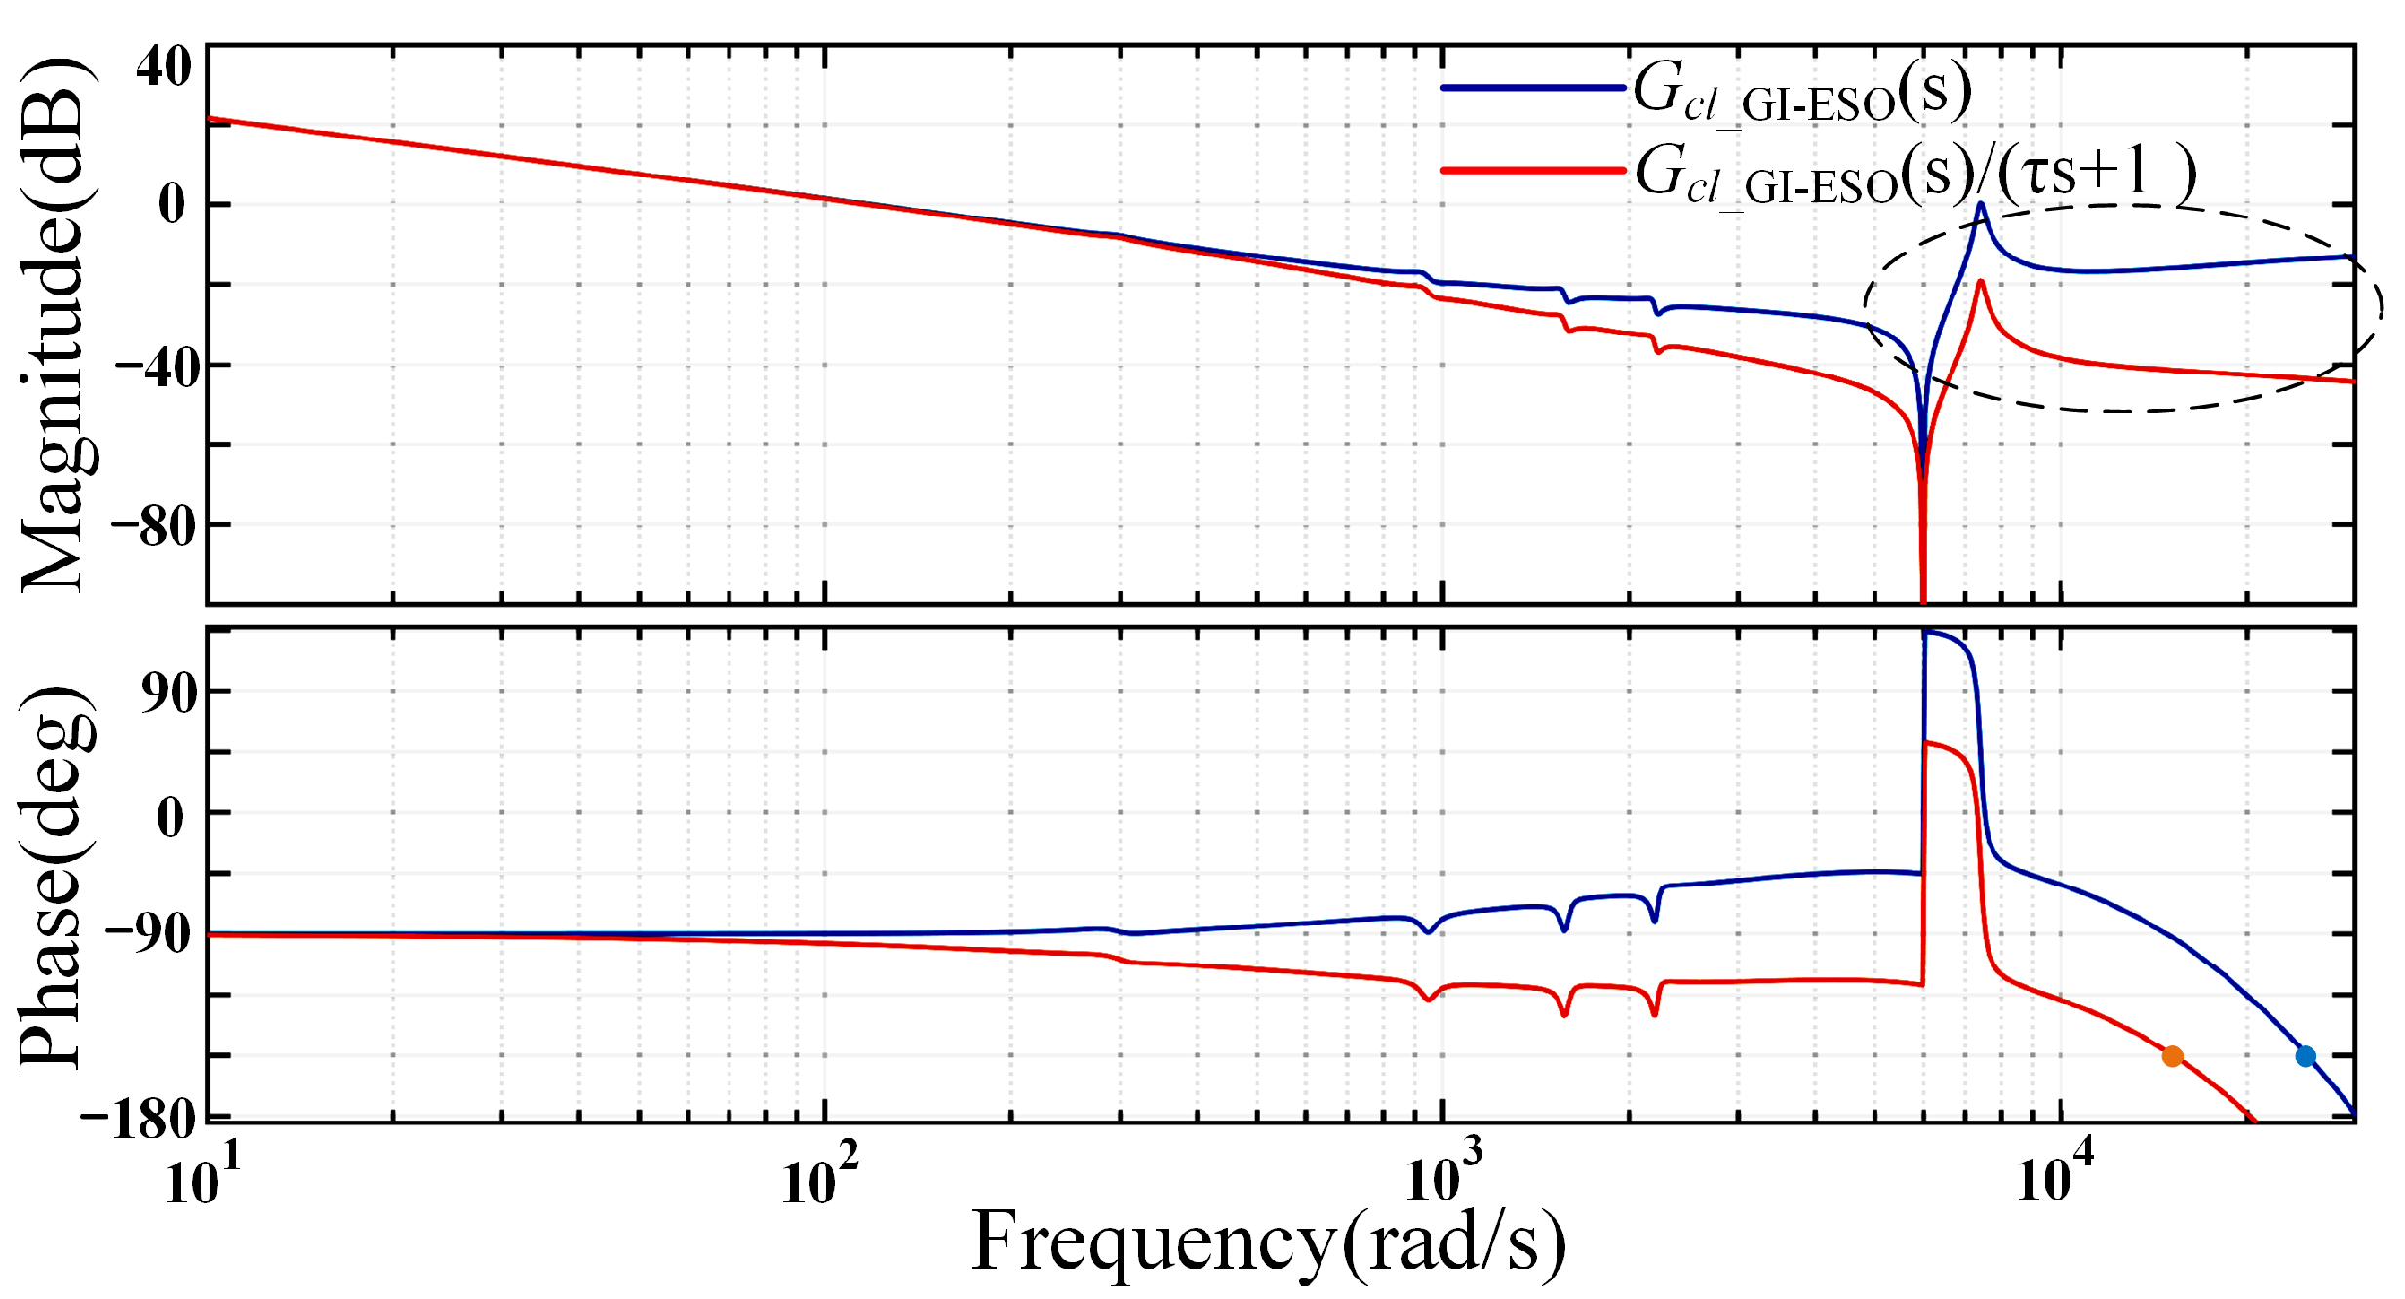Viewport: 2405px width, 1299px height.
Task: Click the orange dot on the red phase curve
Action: [x=2172, y=1056]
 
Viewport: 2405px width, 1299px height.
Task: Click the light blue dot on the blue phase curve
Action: [x=2306, y=1056]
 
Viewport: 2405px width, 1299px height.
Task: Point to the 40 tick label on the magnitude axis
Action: [x=163, y=67]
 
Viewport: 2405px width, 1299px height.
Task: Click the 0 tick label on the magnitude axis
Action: [x=172, y=205]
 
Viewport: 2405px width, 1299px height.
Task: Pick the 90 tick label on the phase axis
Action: [x=168, y=692]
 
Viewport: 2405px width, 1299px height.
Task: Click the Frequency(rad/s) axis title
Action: [x=1268, y=1243]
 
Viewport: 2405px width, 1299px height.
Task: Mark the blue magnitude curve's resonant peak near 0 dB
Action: [x=1981, y=205]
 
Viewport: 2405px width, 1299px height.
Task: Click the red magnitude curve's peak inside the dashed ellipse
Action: [x=1980, y=283]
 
